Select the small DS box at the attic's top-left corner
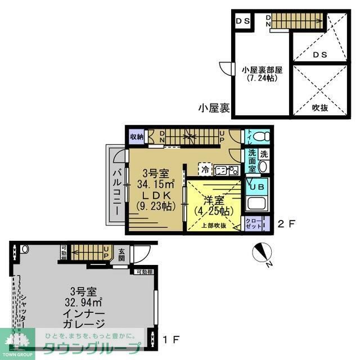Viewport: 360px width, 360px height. pyautogui.click(x=243, y=21)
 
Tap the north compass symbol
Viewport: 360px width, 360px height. pyautogui.click(x=262, y=252)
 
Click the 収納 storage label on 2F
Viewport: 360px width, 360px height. pyautogui.click(x=137, y=136)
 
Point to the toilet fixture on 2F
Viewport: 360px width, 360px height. pyautogui.click(x=258, y=137)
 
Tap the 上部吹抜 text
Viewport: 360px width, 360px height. pyautogui.click(x=214, y=226)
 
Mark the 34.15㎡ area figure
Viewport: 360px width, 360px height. pyautogui.click(x=157, y=183)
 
